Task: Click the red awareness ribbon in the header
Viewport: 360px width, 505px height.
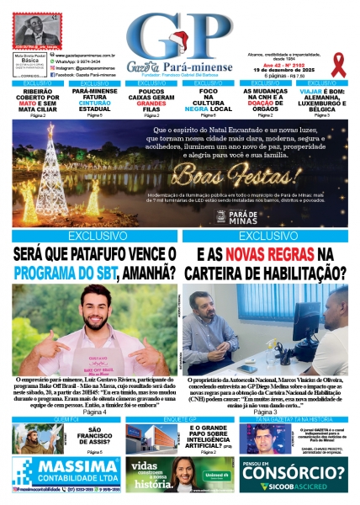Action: coord(338,63)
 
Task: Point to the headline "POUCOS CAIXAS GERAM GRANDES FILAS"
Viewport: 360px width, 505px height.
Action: coord(151,101)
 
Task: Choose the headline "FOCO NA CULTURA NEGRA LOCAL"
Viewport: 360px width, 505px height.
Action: coord(209,101)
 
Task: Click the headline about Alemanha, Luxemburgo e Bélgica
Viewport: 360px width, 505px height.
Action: coord(321,101)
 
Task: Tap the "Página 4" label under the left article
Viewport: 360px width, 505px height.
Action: coord(93,412)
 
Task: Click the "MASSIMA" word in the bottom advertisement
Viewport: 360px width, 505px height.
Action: coord(69,466)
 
